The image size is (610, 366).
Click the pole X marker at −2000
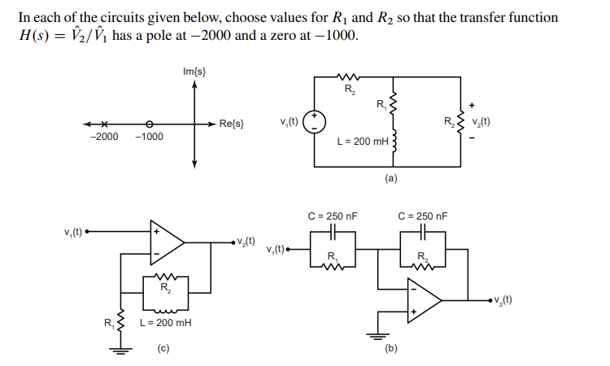106,124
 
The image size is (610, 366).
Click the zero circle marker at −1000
148,124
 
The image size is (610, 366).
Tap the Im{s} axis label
194,73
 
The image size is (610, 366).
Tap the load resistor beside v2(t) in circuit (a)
460,124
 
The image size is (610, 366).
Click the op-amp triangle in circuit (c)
166,242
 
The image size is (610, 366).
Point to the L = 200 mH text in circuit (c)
166,323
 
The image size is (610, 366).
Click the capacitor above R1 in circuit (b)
333,233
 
